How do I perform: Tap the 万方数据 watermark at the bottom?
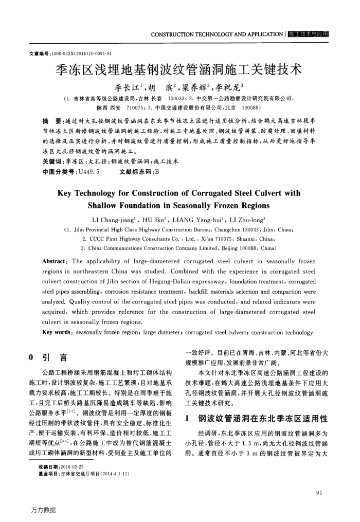43,510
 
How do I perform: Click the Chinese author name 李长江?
120,86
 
